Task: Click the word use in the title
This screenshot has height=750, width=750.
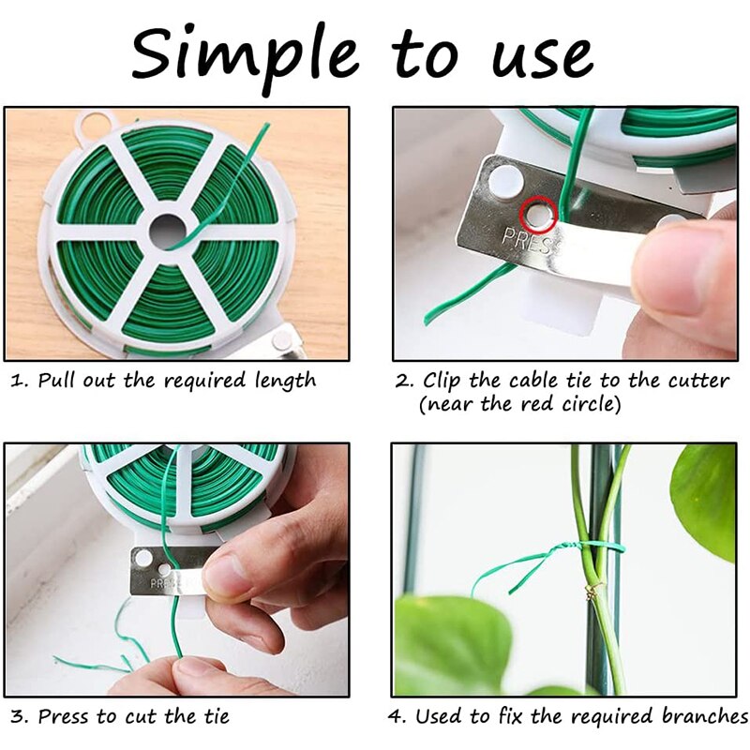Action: [x=542, y=54]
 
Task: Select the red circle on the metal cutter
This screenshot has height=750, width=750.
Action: [x=540, y=215]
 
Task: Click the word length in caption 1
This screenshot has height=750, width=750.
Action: [x=285, y=382]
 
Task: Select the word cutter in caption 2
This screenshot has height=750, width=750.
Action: [x=698, y=382]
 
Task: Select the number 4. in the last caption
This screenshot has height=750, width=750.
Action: [x=397, y=717]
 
